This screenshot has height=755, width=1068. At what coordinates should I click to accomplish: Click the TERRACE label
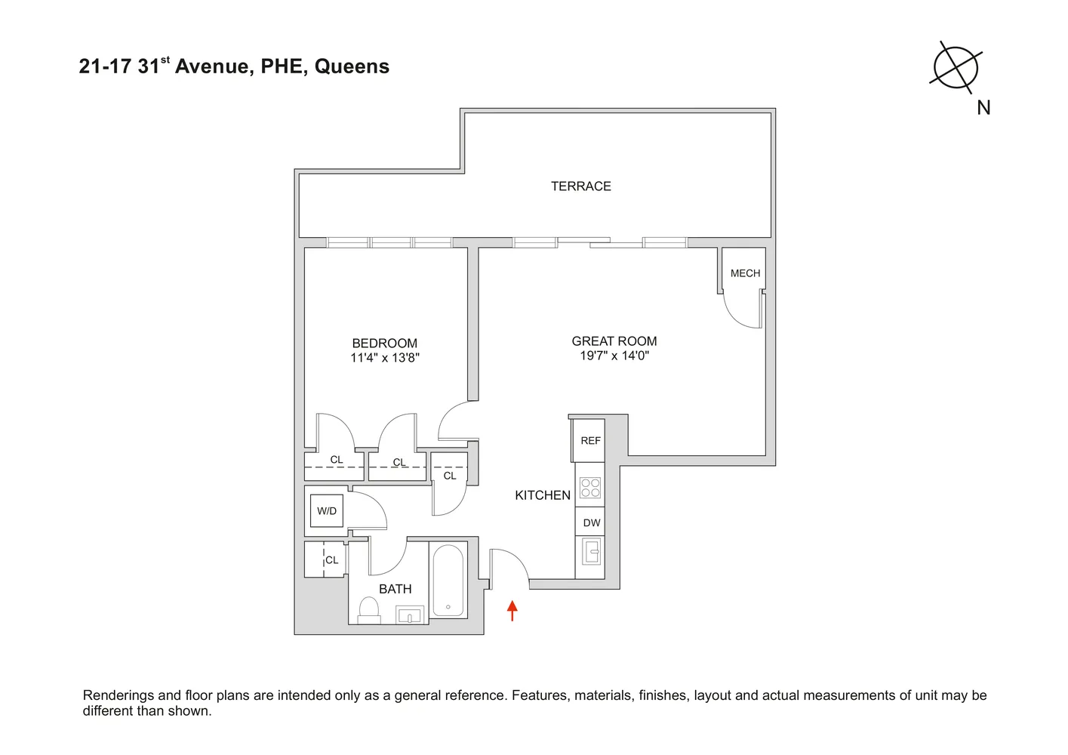(580, 186)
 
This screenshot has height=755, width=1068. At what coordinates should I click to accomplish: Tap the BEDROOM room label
(384, 344)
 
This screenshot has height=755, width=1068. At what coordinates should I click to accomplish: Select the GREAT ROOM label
(614, 341)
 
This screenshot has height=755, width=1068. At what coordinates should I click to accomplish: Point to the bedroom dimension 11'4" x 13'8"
(384, 358)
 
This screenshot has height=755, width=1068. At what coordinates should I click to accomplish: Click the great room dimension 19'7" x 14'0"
(614, 356)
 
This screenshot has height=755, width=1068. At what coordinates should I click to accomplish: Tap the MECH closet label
(745, 273)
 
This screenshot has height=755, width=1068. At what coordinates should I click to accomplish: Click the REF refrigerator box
(590, 441)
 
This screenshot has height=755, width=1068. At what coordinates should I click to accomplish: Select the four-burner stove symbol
(590, 488)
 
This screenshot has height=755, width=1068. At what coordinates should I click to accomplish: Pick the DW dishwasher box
(591, 522)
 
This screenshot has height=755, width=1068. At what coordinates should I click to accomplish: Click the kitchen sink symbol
(591, 552)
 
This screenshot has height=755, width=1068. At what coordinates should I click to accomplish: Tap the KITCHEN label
(542, 495)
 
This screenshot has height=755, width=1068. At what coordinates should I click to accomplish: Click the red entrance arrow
(512, 610)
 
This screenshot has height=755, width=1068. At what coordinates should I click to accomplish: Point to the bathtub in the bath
(448, 581)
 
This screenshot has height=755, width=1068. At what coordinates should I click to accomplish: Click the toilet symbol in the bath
(369, 609)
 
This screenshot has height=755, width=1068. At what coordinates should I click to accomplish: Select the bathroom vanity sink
(410, 615)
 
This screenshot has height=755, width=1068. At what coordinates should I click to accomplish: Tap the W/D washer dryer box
(327, 511)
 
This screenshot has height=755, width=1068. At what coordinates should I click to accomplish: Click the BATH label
(395, 589)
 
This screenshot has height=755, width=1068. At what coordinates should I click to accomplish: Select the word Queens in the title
(352, 66)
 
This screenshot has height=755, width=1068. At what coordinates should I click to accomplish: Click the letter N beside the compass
(983, 108)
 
